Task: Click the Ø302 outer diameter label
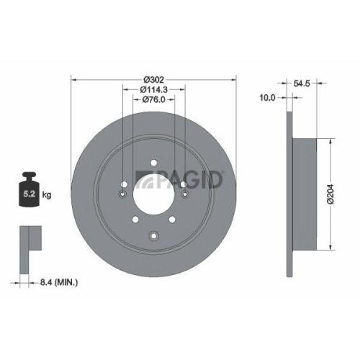point(153,77)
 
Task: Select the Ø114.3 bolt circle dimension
point(153,89)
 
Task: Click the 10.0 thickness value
point(267,97)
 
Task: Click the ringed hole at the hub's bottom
point(153,233)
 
